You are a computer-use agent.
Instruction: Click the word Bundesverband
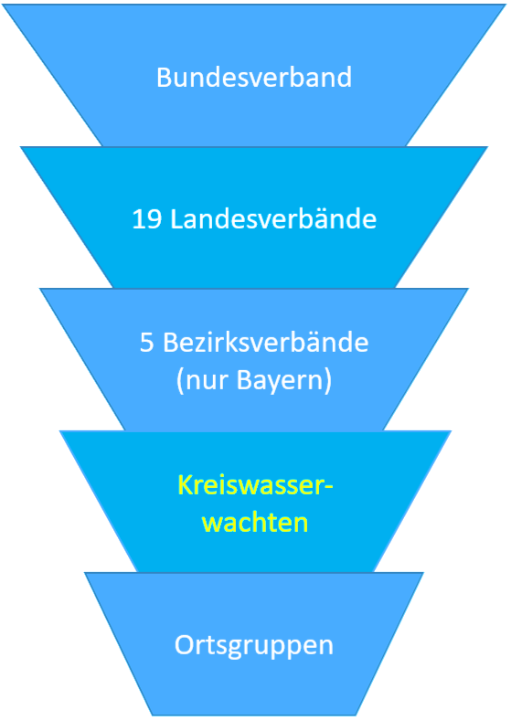pyautogui.click(x=254, y=78)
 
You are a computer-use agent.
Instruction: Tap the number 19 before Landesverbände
pyautogui.click(x=147, y=219)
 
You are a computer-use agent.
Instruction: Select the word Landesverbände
pyautogui.click(x=273, y=218)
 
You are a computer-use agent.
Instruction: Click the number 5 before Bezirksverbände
pyautogui.click(x=147, y=343)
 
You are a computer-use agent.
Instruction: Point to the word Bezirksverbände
pyautogui.click(x=266, y=343)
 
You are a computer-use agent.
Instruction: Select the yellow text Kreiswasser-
pyautogui.click(x=255, y=485)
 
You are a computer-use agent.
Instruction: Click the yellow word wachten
pyautogui.click(x=255, y=524)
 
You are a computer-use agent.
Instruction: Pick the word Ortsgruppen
pyautogui.click(x=254, y=646)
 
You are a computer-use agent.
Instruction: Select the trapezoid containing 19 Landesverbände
pyautogui.click(x=254, y=217)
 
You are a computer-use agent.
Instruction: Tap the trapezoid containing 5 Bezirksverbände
pyautogui.click(x=254, y=359)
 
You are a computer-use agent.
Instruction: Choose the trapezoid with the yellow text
pyautogui.click(x=255, y=502)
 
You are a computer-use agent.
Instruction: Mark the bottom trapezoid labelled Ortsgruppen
pyautogui.click(x=254, y=643)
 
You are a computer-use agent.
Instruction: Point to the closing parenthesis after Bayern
pyautogui.click(x=327, y=382)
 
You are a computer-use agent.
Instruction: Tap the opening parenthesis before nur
pyautogui.click(x=180, y=382)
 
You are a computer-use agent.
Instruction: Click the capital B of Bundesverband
pyautogui.click(x=164, y=78)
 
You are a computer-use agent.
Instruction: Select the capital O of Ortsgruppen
pyautogui.click(x=185, y=645)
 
